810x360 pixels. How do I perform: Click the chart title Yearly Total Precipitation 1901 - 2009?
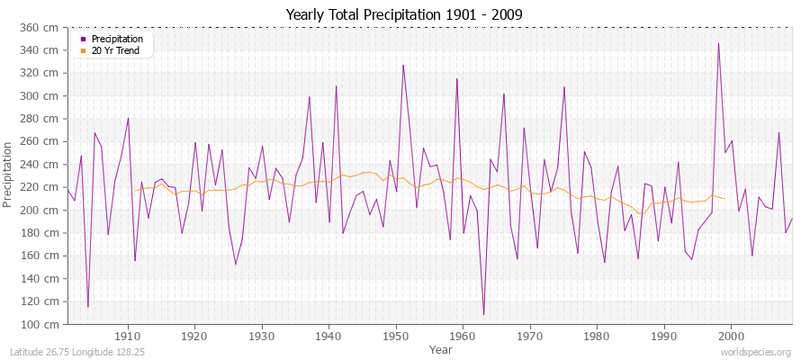[x=404, y=14]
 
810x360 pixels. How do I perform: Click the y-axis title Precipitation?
[x=9, y=175]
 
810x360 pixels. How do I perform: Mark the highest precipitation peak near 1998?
[x=717, y=43]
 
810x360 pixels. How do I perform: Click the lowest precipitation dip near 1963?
[x=483, y=314]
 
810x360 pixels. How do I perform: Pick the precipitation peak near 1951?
[x=403, y=65]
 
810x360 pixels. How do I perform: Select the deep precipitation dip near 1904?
[x=87, y=307]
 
